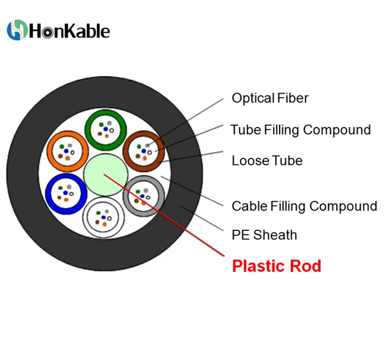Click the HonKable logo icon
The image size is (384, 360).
pos(17,30)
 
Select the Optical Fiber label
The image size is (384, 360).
pos(270,98)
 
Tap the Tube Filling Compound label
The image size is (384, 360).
pos(300,130)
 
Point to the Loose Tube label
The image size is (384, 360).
pos(267,161)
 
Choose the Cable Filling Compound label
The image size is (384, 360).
pos(304,206)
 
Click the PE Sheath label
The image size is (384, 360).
pos(264,235)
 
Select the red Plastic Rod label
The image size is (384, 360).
pos(276,266)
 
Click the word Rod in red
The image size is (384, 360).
pos(307,266)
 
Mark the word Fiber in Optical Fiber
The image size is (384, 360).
pos(292,98)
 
